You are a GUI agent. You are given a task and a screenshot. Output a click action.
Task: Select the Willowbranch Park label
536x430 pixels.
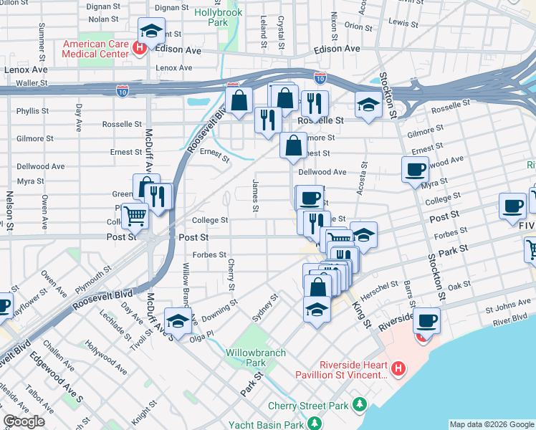pyautogui.click(x=256, y=358)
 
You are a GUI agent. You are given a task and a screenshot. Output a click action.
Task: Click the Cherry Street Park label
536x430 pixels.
pyautogui.click(x=308, y=406)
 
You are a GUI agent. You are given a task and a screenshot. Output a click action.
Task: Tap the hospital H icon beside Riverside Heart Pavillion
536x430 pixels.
pyautogui.click(x=400, y=369)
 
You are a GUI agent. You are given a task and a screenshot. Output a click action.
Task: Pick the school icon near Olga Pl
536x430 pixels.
pyautogui.click(x=177, y=319)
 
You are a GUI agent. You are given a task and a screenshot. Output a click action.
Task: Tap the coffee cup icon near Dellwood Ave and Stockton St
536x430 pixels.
pyautogui.click(x=415, y=169)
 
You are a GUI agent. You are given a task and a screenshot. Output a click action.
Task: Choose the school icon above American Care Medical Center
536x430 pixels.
pyautogui.click(x=151, y=30)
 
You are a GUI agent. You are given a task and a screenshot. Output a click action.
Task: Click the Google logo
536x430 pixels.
pyautogui.click(x=24, y=421)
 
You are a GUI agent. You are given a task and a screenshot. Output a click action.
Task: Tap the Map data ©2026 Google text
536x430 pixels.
pyautogui.click(x=491, y=424)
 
